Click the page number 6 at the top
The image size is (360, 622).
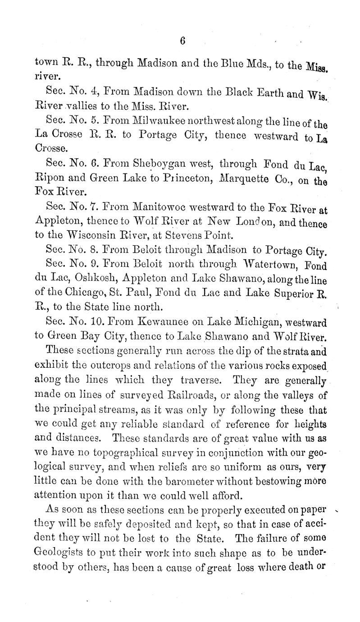(x=183, y=41)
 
